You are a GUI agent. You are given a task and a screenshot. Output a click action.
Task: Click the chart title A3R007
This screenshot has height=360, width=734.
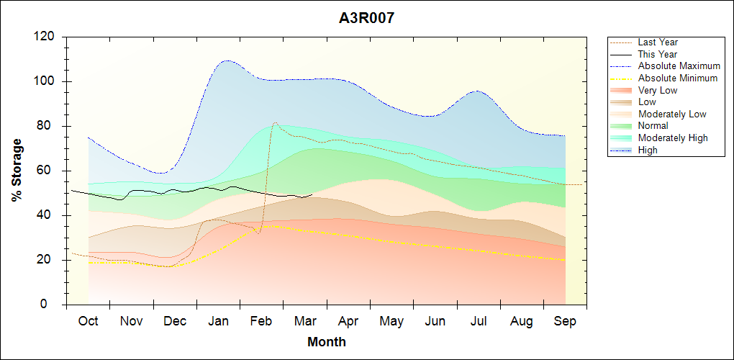click(366, 18)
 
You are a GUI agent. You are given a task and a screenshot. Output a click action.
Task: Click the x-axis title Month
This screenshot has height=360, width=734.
click(326, 342)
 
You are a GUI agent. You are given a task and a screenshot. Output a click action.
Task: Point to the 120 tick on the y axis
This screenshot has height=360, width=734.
click(47, 37)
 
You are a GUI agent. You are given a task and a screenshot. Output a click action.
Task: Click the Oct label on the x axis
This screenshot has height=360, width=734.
click(88, 321)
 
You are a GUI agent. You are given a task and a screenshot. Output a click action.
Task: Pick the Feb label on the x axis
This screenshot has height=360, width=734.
click(261, 321)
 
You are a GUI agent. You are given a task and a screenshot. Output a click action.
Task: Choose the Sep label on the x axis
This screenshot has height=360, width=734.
click(565, 321)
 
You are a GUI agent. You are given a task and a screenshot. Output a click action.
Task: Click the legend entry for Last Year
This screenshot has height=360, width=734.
click(658, 42)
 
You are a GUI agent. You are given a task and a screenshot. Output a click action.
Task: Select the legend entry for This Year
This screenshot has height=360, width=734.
click(658, 54)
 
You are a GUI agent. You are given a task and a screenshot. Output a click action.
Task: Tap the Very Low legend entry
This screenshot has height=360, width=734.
click(658, 90)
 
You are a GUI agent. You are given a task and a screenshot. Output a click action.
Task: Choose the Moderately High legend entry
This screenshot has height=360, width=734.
click(673, 138)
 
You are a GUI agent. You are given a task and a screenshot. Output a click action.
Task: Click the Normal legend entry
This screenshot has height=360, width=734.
click(653, 126)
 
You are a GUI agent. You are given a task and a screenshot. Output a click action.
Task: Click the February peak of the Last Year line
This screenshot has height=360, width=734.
click(275, 122)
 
